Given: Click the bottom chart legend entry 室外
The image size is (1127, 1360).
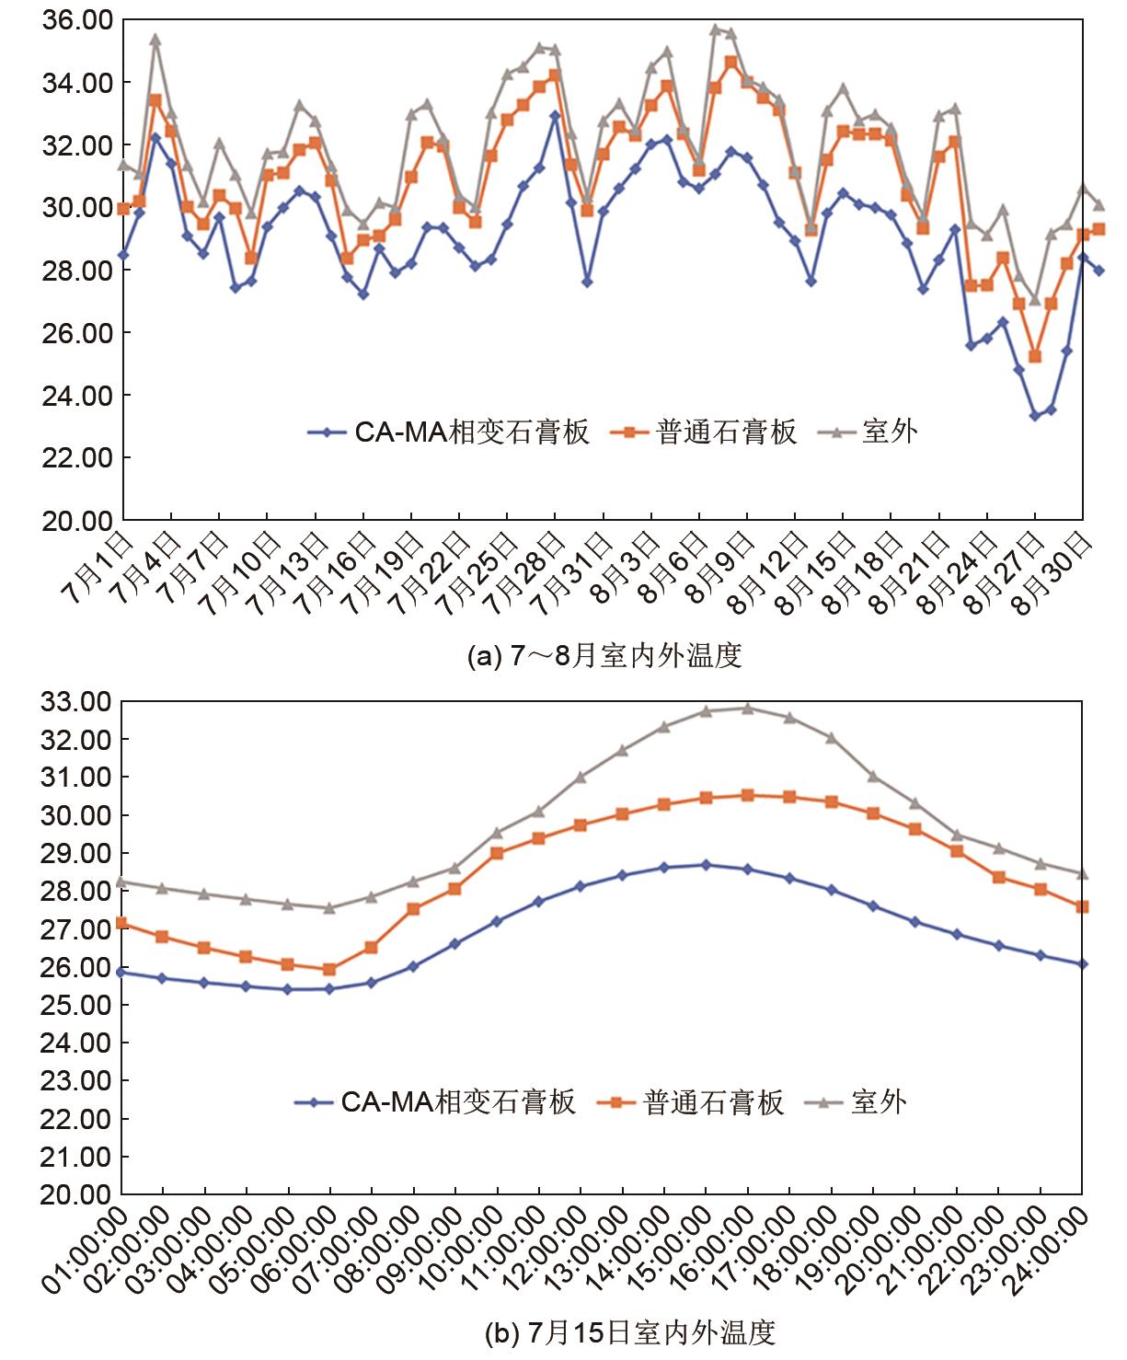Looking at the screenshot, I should pos(878,1101).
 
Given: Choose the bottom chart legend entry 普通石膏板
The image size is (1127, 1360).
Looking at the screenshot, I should pos(713,1101).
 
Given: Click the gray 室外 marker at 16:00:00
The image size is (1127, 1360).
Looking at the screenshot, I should pos(747,709).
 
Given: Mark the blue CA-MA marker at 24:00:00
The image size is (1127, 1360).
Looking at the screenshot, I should pos(1082,963).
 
